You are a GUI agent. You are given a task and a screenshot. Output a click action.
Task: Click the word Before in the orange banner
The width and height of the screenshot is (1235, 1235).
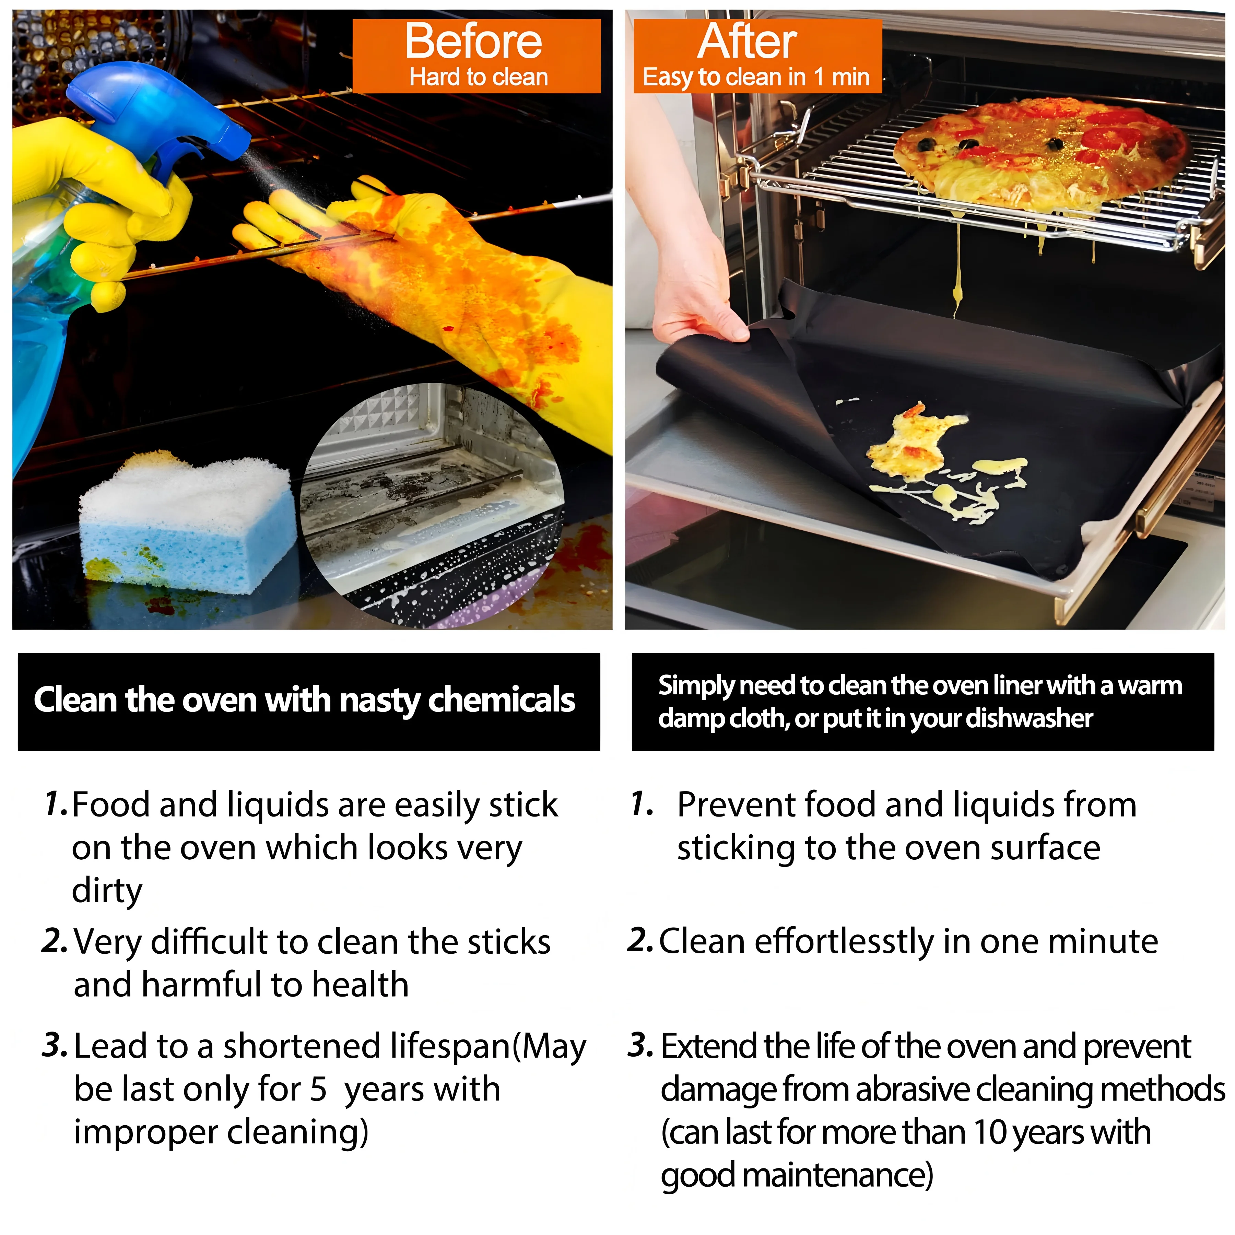click(474, 42)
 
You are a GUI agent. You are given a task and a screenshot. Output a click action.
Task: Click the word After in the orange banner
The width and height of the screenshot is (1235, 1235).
click(747, 42)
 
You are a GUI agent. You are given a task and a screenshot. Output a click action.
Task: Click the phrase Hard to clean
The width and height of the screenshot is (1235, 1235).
click(479, 77)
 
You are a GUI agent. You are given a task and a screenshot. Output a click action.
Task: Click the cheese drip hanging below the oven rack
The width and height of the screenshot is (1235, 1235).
click(956, 269)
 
